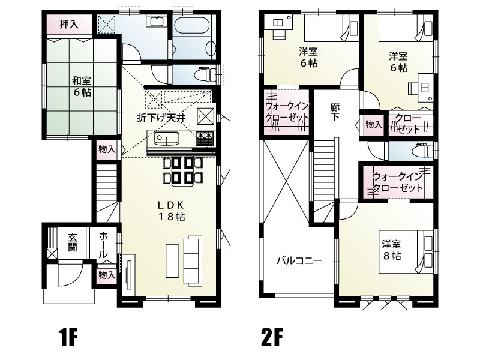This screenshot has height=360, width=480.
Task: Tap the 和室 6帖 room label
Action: tap(82, 86)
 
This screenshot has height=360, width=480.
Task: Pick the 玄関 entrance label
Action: tap(72, 242)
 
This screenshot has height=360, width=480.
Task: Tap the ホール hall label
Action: tap(104, 245)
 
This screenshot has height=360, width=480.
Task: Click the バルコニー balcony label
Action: tap(299, 261)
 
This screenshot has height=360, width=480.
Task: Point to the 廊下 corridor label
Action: tap(335, 113)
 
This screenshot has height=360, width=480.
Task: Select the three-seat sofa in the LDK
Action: tap(193, 261)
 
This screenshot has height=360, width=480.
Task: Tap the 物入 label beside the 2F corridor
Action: tap(374, 124)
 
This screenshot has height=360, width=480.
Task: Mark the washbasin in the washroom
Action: tap(157, 23)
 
